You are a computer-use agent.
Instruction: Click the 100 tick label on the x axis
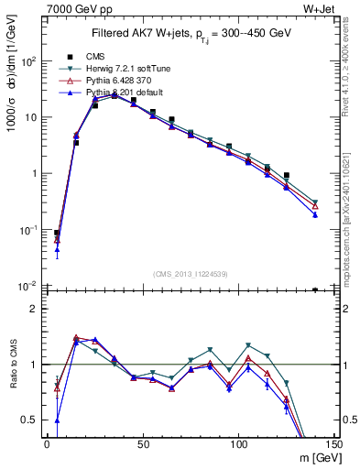pyautogui.click(x=237, y=445)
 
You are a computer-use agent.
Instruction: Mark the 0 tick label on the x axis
pyautogui.click(x=47, y=445)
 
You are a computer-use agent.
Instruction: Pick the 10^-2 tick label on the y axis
pyautogui.click(x=29, y=286)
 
